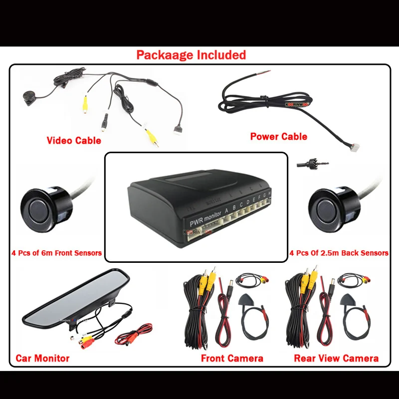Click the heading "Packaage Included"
click(x=191, y=55)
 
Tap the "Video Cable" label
click(x=74, y=141)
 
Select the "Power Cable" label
click(x=279, y=136)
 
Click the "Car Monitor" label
click(x=42, y=358)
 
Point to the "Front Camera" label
click(x=232, y=358)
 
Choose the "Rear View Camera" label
click(x=336, y=358)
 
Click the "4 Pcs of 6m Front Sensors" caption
click(x=56, y=253)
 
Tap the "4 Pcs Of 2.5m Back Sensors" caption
click(x=339, y=253)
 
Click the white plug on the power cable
click(x=354, y=146)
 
